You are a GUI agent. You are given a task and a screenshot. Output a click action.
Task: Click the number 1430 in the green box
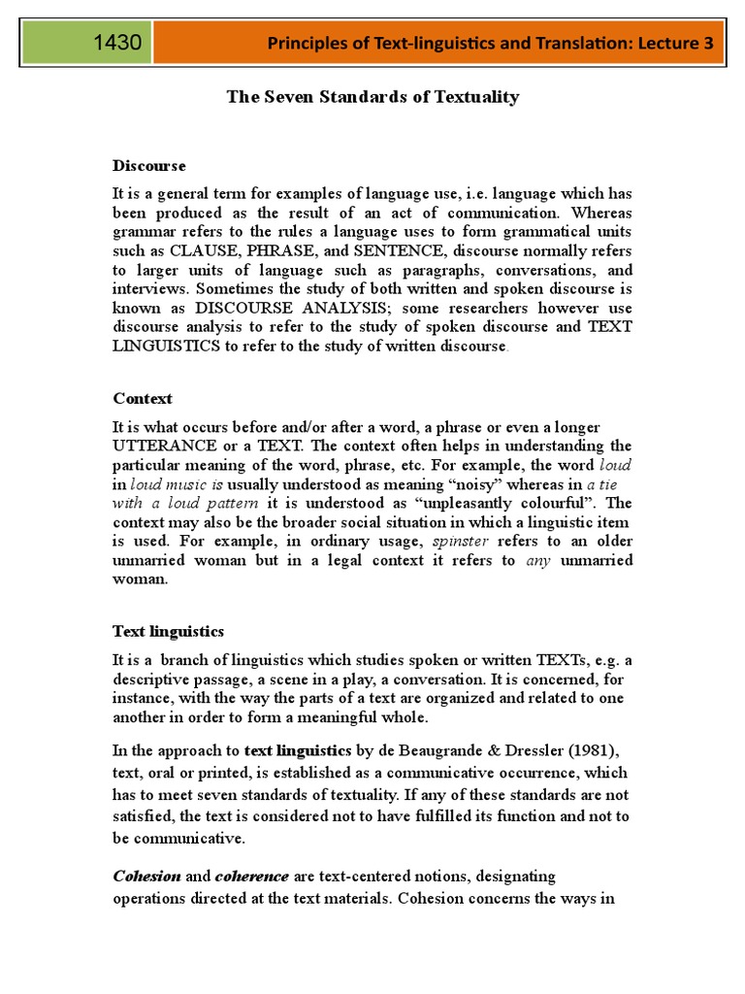click(118, 43)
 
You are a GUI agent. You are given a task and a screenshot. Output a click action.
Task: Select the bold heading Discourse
click(149, 166)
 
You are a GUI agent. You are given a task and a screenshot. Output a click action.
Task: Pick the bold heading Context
click(143, 398)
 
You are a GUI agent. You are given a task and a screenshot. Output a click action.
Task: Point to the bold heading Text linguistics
click(169, 631)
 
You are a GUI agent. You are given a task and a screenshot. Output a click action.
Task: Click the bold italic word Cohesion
click(146, 876)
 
